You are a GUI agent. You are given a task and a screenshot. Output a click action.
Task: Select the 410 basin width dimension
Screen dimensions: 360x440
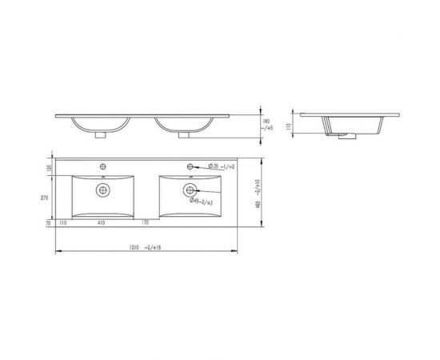click(102, 223)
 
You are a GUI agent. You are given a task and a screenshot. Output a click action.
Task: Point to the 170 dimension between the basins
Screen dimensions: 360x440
click(146, 223)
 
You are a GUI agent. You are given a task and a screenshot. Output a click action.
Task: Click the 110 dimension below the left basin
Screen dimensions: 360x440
click(62, 223)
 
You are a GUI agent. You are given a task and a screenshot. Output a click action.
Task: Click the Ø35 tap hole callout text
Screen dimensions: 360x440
click(222, 166)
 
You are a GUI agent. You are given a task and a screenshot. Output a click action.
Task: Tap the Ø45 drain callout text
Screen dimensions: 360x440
click(201, 202)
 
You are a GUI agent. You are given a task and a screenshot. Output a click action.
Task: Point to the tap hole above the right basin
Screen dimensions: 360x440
click(191, 167)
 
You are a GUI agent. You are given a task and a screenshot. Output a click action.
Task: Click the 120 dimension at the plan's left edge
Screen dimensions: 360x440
click(48, 168)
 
